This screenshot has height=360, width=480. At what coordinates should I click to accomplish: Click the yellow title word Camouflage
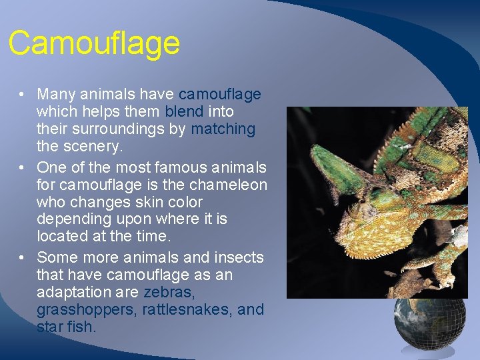(94, 43)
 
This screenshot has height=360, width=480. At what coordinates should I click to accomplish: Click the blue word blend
(184, 112)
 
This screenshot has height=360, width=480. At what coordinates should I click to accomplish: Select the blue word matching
(223, 129)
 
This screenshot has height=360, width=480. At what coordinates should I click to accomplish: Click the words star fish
(67, 327)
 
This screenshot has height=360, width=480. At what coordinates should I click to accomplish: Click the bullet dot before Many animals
(23, 95)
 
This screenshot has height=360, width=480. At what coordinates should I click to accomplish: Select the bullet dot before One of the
(23, 167)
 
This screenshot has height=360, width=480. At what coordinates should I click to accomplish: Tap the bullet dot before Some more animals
(23, 257)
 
